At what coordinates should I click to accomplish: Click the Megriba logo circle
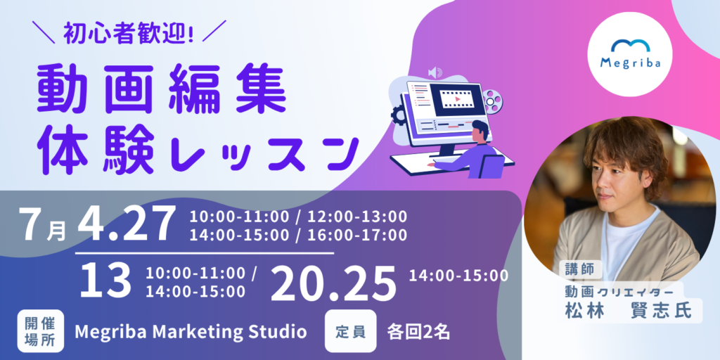pos(629,54)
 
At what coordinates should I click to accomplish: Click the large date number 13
pos(105,281)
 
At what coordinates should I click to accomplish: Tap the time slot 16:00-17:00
pos(357,235)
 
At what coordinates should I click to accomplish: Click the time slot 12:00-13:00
pos(357,216)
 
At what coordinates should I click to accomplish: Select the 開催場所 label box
pos(40,331)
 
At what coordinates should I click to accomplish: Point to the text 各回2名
pos(418,332)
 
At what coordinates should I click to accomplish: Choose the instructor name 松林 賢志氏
pos(628,310)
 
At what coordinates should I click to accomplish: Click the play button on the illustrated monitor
pos(457,98)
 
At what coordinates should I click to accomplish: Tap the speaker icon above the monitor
pos(435,72)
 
